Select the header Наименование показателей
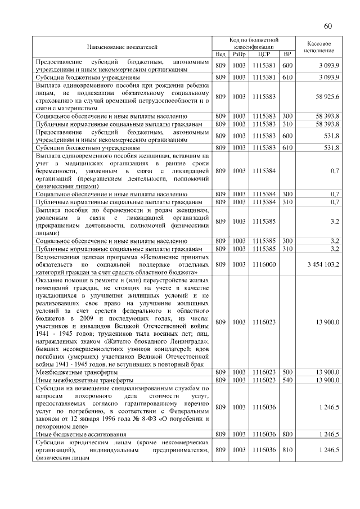coord(122,47)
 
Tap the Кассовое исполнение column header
coord(319,47)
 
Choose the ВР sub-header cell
coord(287,54)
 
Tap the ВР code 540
coord(287,380)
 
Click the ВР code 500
coord(287,372)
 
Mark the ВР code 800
coord(287,434)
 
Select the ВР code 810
coord(287,450)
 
